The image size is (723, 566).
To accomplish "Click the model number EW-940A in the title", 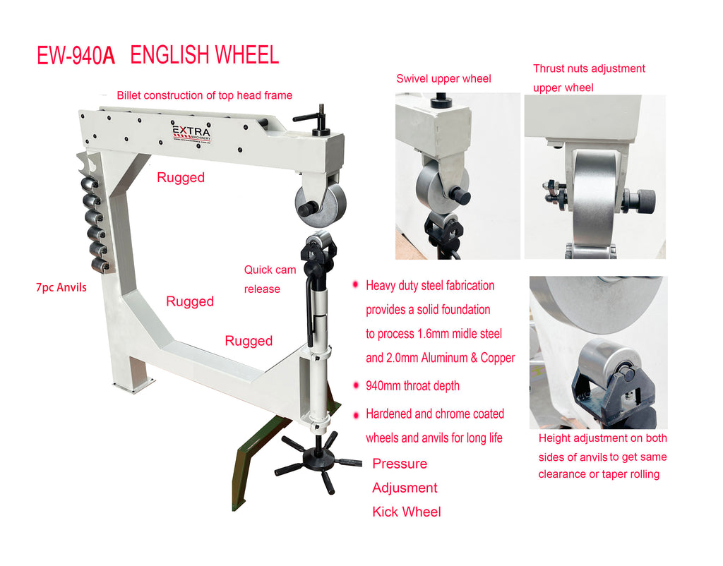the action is tap(76, 56).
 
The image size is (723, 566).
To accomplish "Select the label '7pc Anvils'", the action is tap(61, 288).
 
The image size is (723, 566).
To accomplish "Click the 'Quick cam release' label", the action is tap(270, 279).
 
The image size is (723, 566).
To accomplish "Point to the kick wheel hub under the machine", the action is tap(318, 459).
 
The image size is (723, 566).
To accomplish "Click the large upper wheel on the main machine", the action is tap(321, 205).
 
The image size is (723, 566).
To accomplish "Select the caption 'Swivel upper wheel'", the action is tap(443, 79).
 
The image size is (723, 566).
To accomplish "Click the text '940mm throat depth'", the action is tap(412, 386).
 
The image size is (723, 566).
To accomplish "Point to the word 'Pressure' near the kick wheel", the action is tap(400, 464).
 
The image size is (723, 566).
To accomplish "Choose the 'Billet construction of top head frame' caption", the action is tap(204, 95).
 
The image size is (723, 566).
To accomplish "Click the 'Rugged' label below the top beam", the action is tap(181, 177).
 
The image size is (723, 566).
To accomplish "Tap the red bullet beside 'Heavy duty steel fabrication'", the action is tap(355, 285).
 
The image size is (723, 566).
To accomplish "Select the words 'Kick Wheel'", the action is tap(407, 512).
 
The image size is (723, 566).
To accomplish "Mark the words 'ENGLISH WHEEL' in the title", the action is tap(205, 55).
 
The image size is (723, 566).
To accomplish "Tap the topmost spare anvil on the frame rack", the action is tap(90, 183).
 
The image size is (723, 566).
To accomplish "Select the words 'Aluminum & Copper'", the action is tap(468, 358).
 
